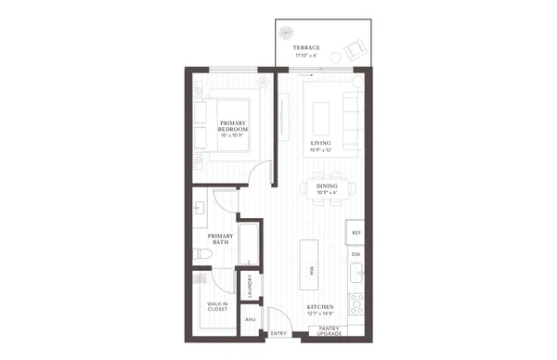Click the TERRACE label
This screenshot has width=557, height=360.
pyautogui.click(x=305, y=47)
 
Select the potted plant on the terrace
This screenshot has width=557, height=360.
pyautogui.click(x=289, y=31)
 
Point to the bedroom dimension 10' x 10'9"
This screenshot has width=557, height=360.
pyautogui.click(x=232, y=136)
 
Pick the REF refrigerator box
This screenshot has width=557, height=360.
pyautogui.click(x=355, y=233)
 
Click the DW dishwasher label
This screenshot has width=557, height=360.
pyautogui.click(x=355, y=254)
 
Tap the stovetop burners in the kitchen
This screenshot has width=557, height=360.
pyautogui.click(x=356, y=302)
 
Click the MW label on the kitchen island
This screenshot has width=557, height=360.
pyautogui.click(x=310, y=269)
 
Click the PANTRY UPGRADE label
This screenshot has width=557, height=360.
pyautogui.click(x=329, y=330)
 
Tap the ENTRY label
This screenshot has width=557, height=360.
pyautogui.click(x=278, y=333)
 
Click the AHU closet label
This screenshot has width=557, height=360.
pyautogui.click(x=249, y=319)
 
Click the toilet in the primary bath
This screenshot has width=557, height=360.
pyautogui.click(x=201, y=253)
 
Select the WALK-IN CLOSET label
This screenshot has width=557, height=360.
pyautogui.click(x=217, y=306)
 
